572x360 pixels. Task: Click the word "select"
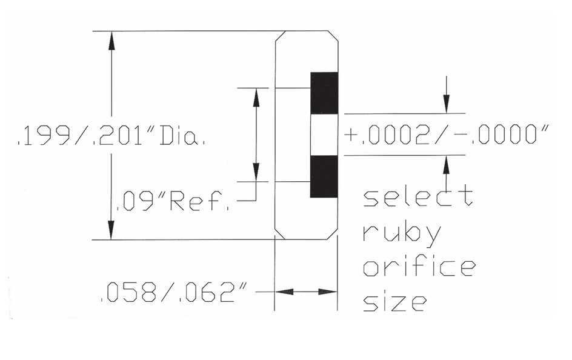coord(417,197)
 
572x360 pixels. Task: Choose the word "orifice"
coord(419,267)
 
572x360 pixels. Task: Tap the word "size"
coord(393,301)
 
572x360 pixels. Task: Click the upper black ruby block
coord(324,93)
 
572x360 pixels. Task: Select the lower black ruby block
coord(324,176)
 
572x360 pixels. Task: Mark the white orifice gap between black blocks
coord(324,135)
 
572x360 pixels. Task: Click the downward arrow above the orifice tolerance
coord(447,105)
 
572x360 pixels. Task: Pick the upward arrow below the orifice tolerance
coord(447,163)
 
